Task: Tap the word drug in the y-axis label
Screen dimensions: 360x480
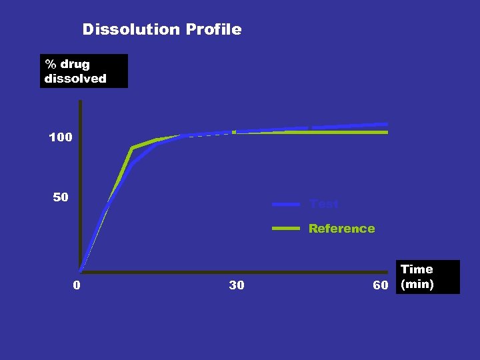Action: coord(75,65)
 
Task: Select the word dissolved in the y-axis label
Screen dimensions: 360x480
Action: coord(75,79)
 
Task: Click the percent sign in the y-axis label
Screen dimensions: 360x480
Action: coord(50,65)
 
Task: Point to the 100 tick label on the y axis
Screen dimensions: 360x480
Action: coord(61,137)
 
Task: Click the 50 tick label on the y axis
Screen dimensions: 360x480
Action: coord(61,197)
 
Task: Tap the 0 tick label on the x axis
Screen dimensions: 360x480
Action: coord(77,285)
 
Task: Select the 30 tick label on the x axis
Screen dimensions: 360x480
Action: coord(236,285)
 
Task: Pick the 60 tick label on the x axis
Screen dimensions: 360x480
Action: coord(381,285)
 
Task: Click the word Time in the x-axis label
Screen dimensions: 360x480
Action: coord(417,269)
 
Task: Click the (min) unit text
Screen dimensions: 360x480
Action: coord(417,285)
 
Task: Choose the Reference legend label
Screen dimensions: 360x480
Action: coord(341,229)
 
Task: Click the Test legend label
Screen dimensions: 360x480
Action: coord(324,204)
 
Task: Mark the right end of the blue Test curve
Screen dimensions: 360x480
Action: coord(387,124)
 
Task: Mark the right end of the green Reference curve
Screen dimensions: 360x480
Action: coord(387,132)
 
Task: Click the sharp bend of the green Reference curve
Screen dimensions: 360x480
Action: coord(132,148)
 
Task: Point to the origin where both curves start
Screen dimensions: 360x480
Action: coord(80,271)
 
